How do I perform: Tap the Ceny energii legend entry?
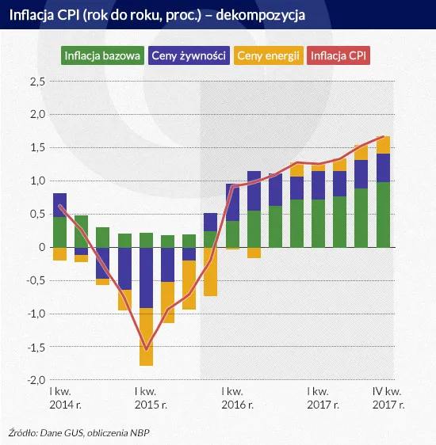tap(269, 55)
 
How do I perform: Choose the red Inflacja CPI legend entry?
tap(340, 55)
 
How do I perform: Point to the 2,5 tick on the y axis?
tap(36, 82)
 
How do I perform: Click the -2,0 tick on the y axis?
tap(34, 380)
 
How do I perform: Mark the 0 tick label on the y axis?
tap(41, 247)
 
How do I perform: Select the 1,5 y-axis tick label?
tap(36, 148)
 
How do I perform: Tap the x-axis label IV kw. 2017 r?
tap(388, 397)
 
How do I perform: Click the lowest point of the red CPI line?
tap(146, 348)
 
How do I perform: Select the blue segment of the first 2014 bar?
tap(59, 205)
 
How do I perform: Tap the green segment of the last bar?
tap(383, 215)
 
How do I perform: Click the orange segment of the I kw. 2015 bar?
tap(146, 337)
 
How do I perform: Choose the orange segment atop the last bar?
tap(383, 145)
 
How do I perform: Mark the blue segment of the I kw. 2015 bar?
tap(146, 277)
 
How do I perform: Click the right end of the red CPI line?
tap(384, 137)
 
